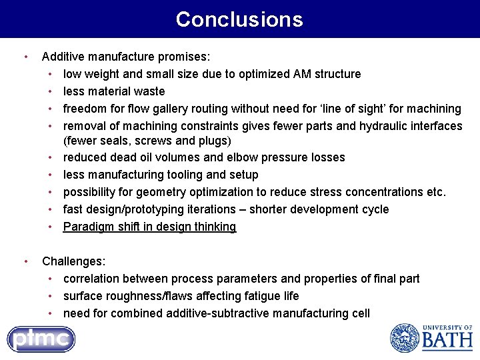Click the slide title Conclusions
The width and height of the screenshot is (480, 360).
(239, 19)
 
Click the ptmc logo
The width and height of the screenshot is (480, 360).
(41, 339)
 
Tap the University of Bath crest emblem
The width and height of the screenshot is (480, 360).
(404, 338)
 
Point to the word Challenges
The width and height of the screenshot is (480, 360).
(73, 261)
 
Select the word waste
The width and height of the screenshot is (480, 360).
(149, 91)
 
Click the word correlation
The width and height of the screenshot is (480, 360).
(93, 279)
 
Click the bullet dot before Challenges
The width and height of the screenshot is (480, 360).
(25, 261)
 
